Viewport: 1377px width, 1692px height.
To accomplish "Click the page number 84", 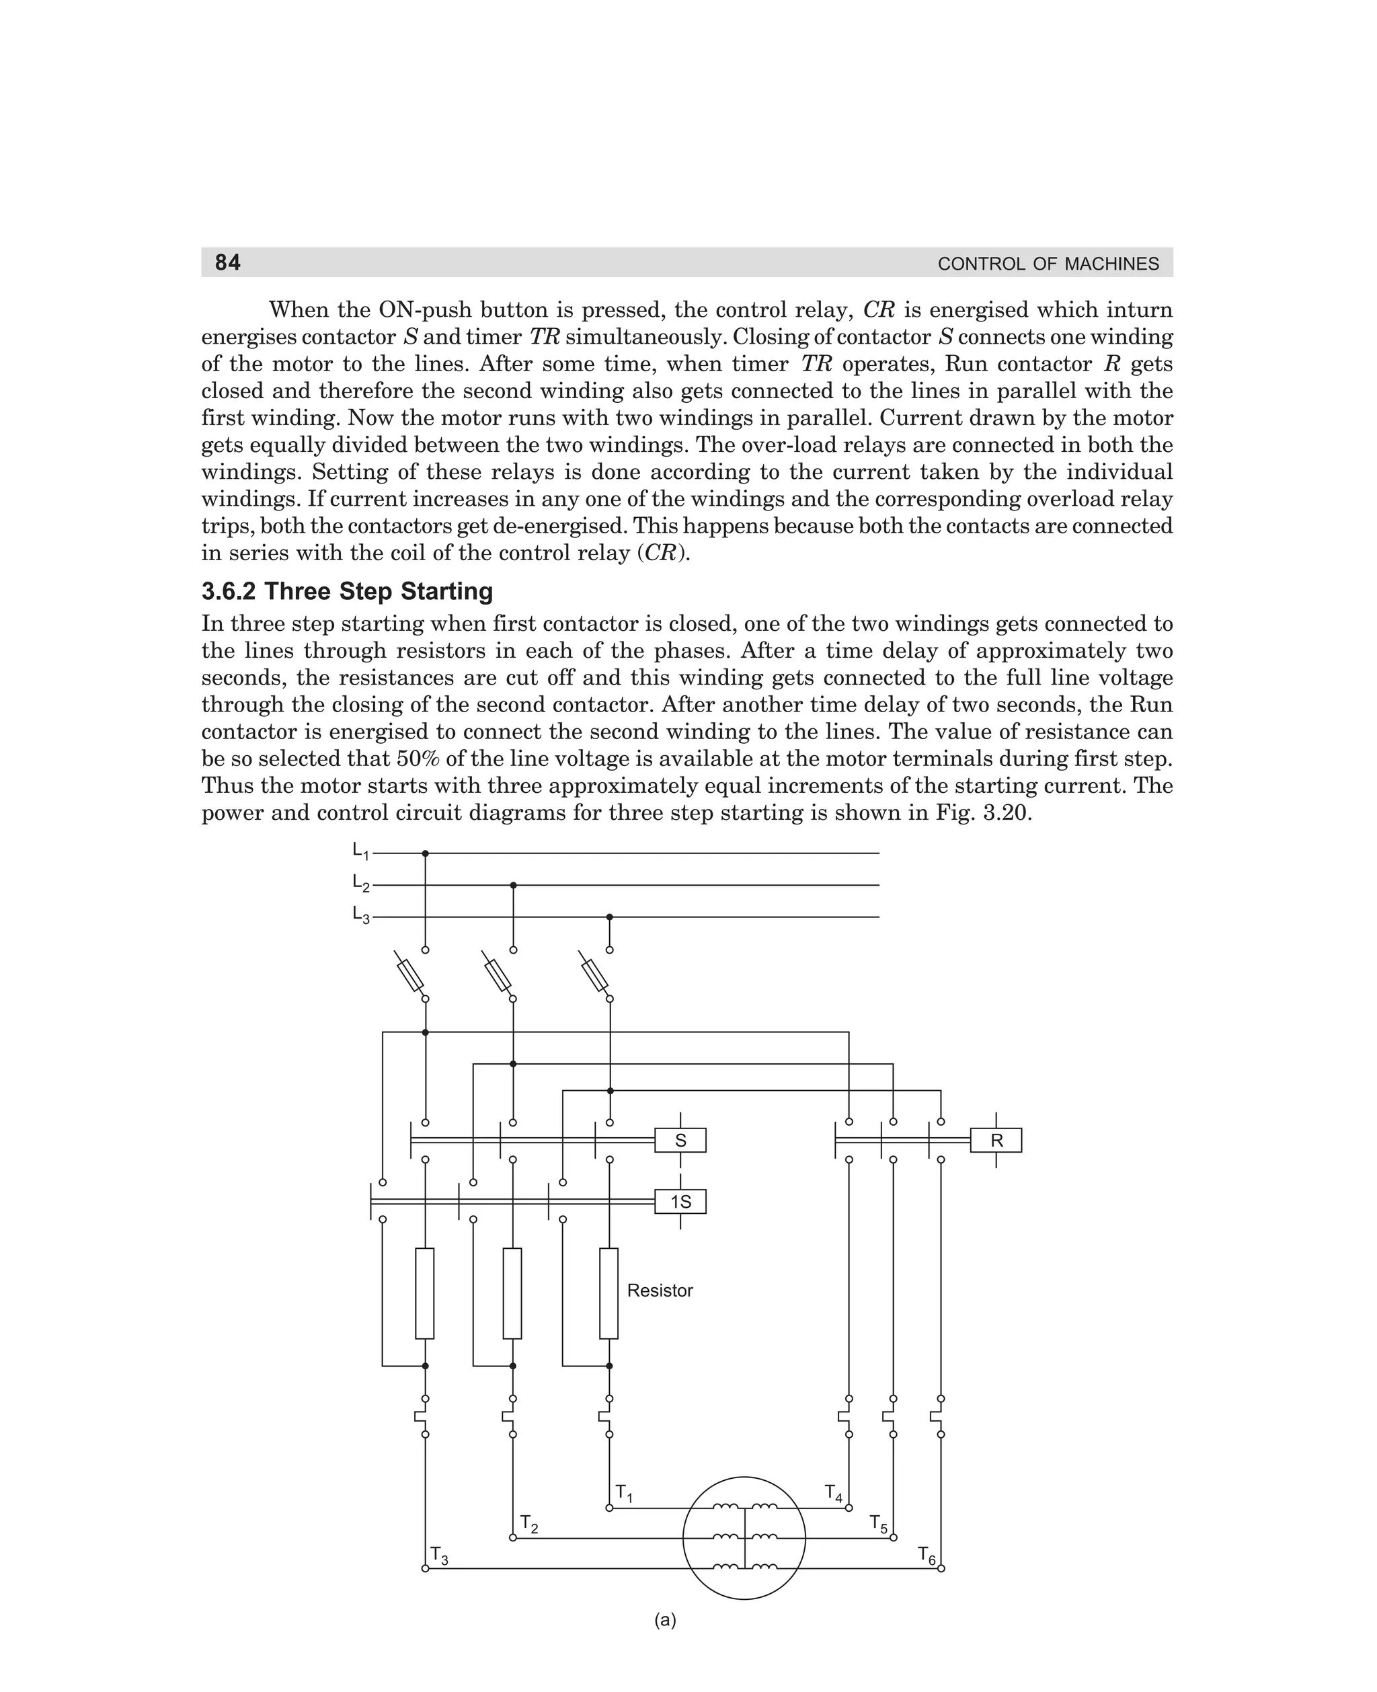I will [228, 262].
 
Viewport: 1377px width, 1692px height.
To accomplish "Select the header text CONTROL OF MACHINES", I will [1048, 264].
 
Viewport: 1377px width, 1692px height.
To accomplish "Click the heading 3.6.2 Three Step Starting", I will [347, 591].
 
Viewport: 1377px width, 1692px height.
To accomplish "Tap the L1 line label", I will [360, 851].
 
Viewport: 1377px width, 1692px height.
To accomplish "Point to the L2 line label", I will [360, 883].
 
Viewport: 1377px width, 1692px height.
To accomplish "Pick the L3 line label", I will [360, 915].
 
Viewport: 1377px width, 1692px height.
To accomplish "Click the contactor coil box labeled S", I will [680, 1141].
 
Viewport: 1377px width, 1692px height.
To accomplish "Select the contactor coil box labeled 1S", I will [680, 1202].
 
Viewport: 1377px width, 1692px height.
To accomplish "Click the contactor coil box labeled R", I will [996, 1141].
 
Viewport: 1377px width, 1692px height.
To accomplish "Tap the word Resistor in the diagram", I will [660, 1291].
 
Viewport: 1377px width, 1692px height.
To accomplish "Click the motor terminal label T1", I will [624, 1493].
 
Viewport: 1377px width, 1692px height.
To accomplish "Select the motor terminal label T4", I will [834, 1493].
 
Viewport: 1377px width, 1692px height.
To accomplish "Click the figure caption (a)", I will [666, 1620].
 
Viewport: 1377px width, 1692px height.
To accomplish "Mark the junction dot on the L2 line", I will [513, 885].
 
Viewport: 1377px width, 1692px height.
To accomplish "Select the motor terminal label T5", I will [879, 1523].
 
